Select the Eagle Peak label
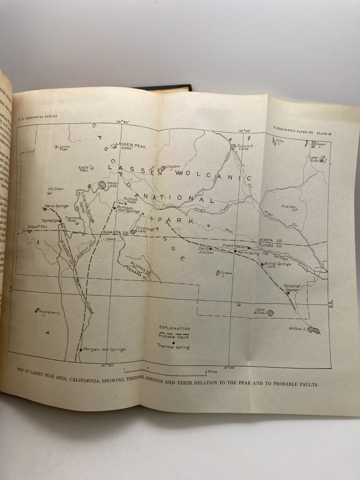point(84,169)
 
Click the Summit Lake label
point(245,147)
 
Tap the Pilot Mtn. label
point(289,207)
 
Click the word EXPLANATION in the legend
point(174,328)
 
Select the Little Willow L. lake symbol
point(270,313)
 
